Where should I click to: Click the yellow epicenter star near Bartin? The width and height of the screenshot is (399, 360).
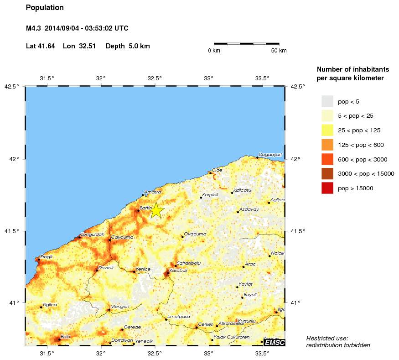(156, 210)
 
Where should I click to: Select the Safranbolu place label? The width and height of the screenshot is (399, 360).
(188, 263)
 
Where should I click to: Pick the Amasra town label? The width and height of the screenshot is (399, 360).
(152, 192)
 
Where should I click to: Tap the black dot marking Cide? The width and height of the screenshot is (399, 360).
(210, 173)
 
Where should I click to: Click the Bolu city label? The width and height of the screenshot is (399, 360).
(65, 336)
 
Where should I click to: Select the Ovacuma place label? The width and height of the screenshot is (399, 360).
(195, 234)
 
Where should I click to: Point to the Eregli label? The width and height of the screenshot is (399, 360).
(47, 256)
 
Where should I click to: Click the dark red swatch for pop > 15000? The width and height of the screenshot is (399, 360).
(327, 188)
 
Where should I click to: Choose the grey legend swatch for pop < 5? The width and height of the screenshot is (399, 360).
(327, 101)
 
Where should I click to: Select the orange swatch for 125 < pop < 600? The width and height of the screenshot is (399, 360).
(327, 145)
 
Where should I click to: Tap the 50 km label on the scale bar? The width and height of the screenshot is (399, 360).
(279, 51)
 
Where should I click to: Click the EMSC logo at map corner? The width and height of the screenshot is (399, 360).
(275, 342)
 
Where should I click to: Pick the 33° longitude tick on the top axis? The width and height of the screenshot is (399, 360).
(209, 78)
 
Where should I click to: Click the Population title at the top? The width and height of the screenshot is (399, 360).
(45, 8)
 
